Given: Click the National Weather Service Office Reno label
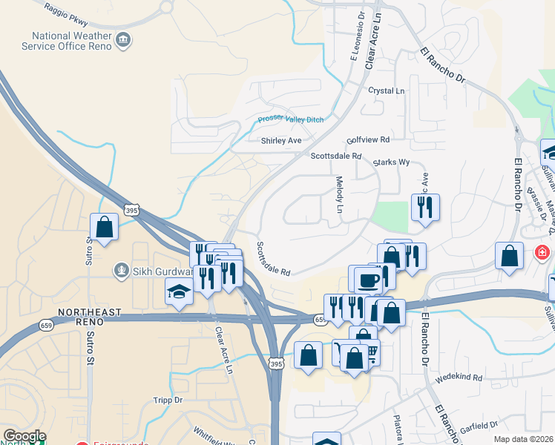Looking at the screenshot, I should click(x=71, y=41).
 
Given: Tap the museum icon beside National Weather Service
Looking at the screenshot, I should click(x=124, y=41).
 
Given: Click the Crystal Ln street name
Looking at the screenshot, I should click(x=387, y=90).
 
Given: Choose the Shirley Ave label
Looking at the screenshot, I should click(x=281, y=140).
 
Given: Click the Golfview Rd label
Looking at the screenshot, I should click(x=367, y=139).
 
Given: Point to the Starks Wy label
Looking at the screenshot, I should click(x=390, y=162).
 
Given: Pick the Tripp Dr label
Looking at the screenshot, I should click(x=168, y=400).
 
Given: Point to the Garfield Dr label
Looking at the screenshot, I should click(x=479, y=425).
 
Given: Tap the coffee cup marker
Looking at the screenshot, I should click(x=367, y=280).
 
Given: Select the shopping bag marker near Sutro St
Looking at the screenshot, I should click(x=105, y=227).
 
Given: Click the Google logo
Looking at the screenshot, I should click(x=24, y=436).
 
